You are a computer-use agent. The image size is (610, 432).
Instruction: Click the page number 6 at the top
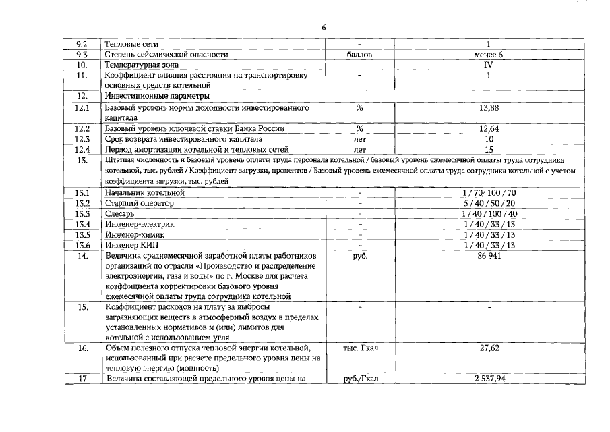click(x=324, y=26)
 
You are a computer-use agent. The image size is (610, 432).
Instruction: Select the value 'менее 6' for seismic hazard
click(x=489, y=54)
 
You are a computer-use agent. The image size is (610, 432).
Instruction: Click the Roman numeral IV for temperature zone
click(x=489, y=65)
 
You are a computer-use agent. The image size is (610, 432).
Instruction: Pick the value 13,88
click(x=489, y=107)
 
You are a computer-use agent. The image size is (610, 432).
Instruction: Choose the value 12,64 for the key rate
click(x=489, y=128)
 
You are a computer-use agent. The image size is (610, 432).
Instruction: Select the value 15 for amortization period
click(x=489, y=149)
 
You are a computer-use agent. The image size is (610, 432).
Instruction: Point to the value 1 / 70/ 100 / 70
click(x=489, y=193)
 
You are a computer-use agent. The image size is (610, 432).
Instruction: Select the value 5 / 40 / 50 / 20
click(x=489, y=203)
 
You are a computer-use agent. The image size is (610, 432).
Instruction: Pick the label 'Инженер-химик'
click(x=134, y=235)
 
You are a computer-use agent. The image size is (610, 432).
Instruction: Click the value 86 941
click(x=489, y=256)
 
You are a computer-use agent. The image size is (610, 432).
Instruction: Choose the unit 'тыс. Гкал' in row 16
click(x=361, y=348)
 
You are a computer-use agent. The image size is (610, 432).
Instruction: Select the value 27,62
click(x=489, y=348)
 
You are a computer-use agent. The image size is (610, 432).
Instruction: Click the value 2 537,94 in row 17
click(x=489, y=379)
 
